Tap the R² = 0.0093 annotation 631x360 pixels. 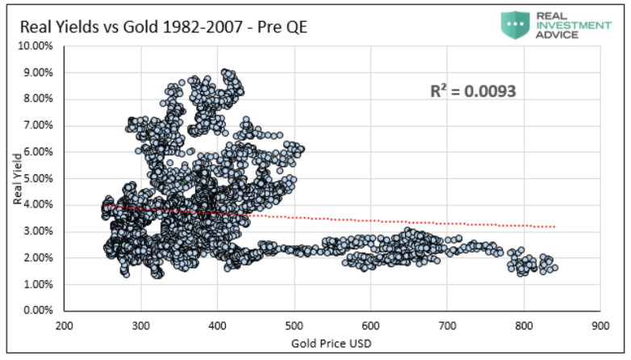[x=473, y=92]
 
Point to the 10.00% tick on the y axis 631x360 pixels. [x=37, y=46]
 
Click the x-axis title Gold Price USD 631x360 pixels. [x=332, y=344]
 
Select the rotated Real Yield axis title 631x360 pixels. [x=16, y=179]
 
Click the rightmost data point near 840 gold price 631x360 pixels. [x=554, y=268]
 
